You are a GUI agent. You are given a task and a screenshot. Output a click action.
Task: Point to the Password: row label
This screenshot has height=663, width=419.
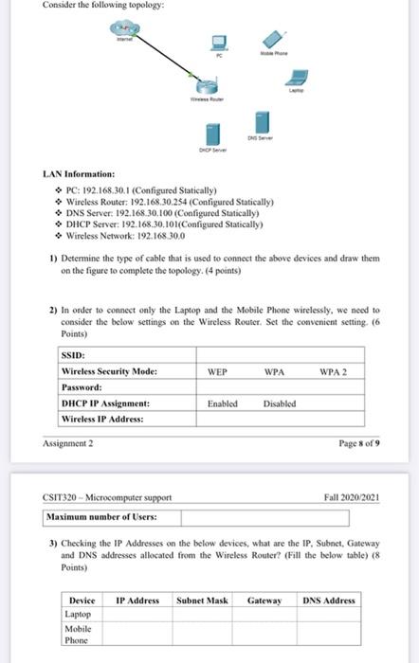pyautogui.click(x=81, y=387)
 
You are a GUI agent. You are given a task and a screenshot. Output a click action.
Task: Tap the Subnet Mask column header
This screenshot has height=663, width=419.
pyautogui.click(x=201, y=600)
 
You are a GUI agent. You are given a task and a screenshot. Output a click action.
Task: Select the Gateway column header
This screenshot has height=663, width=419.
pyautogui.click(x=264, y=600)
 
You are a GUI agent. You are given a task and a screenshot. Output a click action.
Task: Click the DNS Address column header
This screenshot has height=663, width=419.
pyautogui.click(x=329, y=600)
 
